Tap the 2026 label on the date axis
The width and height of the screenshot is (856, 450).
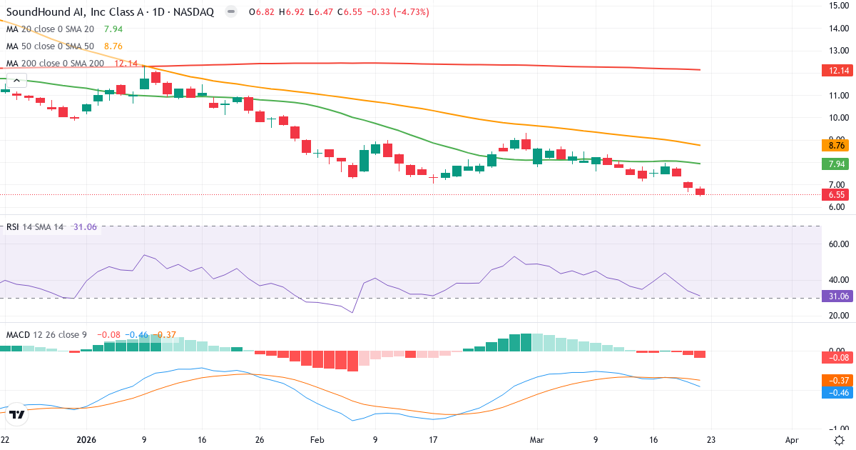click(86, 440)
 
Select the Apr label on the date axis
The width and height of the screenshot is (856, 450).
click(791, 440)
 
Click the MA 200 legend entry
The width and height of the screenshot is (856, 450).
click(56, 64)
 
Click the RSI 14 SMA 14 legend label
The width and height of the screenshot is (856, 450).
click(35, 227)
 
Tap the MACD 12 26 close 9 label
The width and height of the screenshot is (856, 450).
click(46, 335)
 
